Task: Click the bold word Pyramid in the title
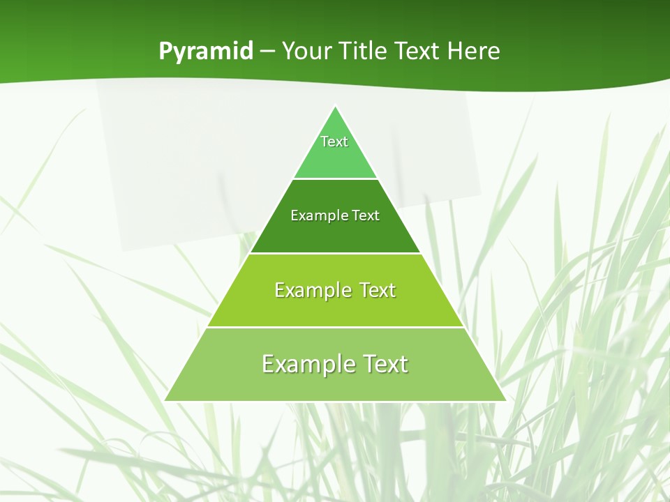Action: (206, 52)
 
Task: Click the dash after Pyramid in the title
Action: (267, 52)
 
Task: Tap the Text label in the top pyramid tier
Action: (334, 142)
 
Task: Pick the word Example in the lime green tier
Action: (313, 290)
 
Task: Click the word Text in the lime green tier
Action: (378, 290)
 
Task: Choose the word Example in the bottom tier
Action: (307, 364)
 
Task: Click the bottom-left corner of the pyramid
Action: (165, 400)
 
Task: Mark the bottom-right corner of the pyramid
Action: (505, 400)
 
